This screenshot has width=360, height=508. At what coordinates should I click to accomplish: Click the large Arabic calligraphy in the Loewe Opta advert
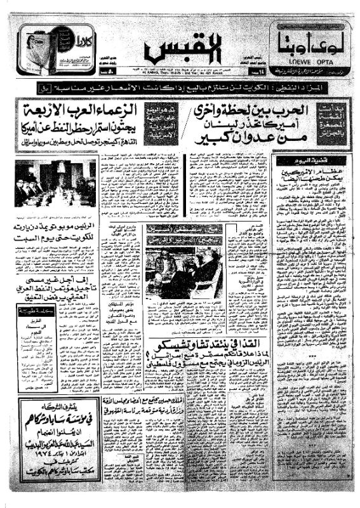(x=307, y=44)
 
